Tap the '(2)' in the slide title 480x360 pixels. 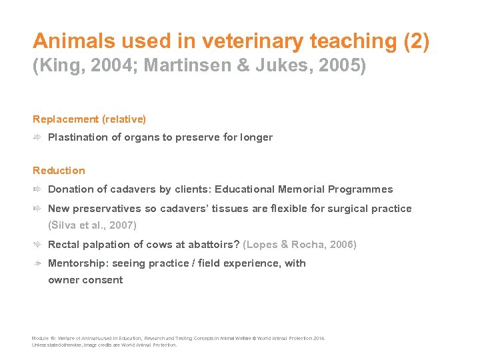pyautogui.click(x=417, y=41)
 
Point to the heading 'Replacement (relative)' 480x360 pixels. pyautogui.click(x=89, y=119)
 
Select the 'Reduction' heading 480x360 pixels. pyautogui.click(x=59, y=171)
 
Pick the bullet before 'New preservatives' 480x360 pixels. pyautogui.click(x=38, y=209)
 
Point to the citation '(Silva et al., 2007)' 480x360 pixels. pyautogui.click(x=92, y=225)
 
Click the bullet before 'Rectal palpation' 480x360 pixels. pyautogui.click(x=38, y=245)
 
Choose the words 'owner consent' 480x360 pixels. pyautogui.click(x=85, y=280)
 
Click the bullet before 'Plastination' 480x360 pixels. pyautogui.click(x=38, y=137)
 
